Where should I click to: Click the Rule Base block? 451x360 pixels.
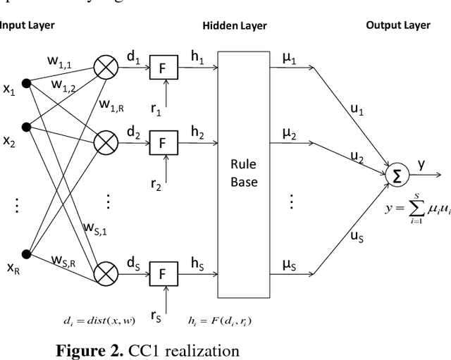(x=244, y=173)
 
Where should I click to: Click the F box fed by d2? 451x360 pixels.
(x=161, y=144)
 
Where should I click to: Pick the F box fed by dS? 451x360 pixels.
(x=161, y=274)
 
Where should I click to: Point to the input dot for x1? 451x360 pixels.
(x=27, y=84)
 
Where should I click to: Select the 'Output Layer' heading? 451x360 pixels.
(x=397, y=25)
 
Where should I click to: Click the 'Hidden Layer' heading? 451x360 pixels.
(x=235, y=26)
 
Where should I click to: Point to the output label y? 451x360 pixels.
(x=421, y=164)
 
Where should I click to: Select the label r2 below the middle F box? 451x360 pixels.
(x=156, y=185)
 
